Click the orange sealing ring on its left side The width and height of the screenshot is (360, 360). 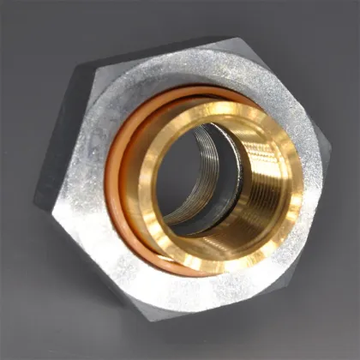click(x=111, y=184)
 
